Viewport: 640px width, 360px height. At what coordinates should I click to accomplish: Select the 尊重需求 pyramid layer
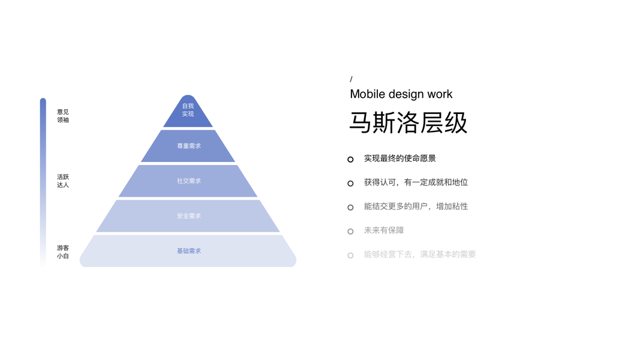click(x=188, y=146)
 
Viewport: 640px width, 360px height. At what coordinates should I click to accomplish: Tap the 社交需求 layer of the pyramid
click(x=188, y=181)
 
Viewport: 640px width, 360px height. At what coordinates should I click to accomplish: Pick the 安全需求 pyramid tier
click(x=188, y=216)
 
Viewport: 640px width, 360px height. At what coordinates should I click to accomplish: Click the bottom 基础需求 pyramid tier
click(x=188, y=251)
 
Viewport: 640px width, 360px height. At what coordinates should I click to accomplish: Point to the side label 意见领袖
click(x=63, y=116)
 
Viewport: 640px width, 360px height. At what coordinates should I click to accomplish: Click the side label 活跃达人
click(x=63, y=181)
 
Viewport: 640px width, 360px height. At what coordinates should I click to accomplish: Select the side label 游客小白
click(x=63, y=252)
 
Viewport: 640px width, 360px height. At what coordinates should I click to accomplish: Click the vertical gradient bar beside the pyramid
click(x=43, y=180)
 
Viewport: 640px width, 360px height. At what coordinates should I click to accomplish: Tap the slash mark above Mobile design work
click(x=351, y=79)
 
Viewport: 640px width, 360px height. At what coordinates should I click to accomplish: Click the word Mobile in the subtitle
click(x=367, y=94)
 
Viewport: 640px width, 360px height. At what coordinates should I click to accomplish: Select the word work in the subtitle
click(x=440, y=94)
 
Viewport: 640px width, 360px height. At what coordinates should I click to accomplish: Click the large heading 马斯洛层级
click(x=408, y=122)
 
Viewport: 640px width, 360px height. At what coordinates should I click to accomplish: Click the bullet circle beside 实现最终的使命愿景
click(x=350, y=159)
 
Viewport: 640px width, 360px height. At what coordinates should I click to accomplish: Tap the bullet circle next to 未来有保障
click(x=350, y=231)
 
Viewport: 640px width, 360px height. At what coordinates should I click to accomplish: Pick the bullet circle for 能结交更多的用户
click(x=350, y=207)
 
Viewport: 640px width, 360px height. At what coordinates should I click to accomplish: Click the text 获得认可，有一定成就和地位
click(x=416, y=182)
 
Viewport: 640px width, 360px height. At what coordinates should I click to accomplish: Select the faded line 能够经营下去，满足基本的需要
click(x=420, y=254)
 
